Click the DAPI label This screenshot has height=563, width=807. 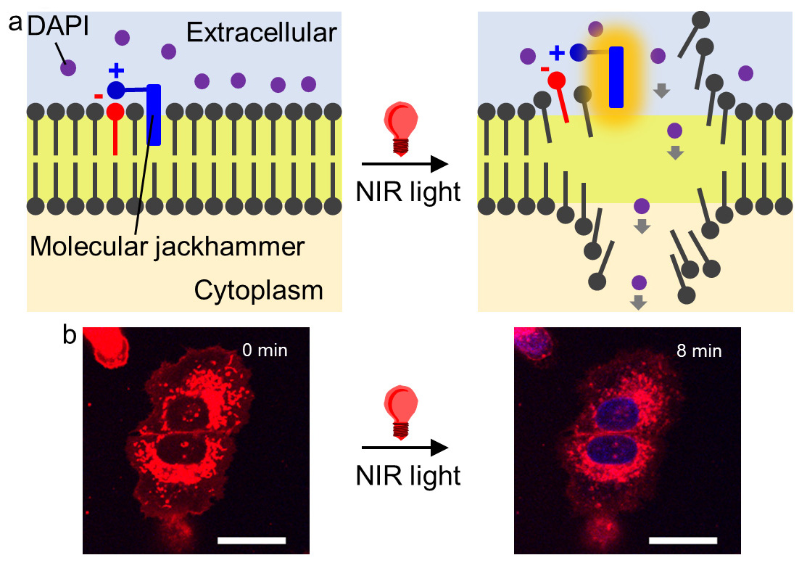(58, 25)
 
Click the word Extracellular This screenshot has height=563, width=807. (262, 33)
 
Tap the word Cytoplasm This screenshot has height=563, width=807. (258, 290)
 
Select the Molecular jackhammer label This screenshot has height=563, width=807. (167, 247)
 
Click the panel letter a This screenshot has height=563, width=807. (15, 23)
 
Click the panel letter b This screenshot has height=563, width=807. (70, 334)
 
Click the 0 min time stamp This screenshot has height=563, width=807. (265, 350)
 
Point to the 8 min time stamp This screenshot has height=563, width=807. (699, 350)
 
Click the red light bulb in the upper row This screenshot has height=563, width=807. (401, 128)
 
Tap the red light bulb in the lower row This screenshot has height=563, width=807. (401, 413)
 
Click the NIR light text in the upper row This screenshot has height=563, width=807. (408, 192)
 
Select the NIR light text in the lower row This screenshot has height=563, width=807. (408, 475)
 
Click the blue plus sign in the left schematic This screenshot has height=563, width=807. (116, 70)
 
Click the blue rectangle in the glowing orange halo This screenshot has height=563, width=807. (616, 77)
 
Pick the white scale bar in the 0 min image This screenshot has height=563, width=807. (252, 541)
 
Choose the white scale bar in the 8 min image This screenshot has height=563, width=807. (683, 541)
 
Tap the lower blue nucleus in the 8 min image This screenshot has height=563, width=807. (616, 450)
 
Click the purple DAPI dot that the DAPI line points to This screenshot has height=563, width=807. (68, 67)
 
